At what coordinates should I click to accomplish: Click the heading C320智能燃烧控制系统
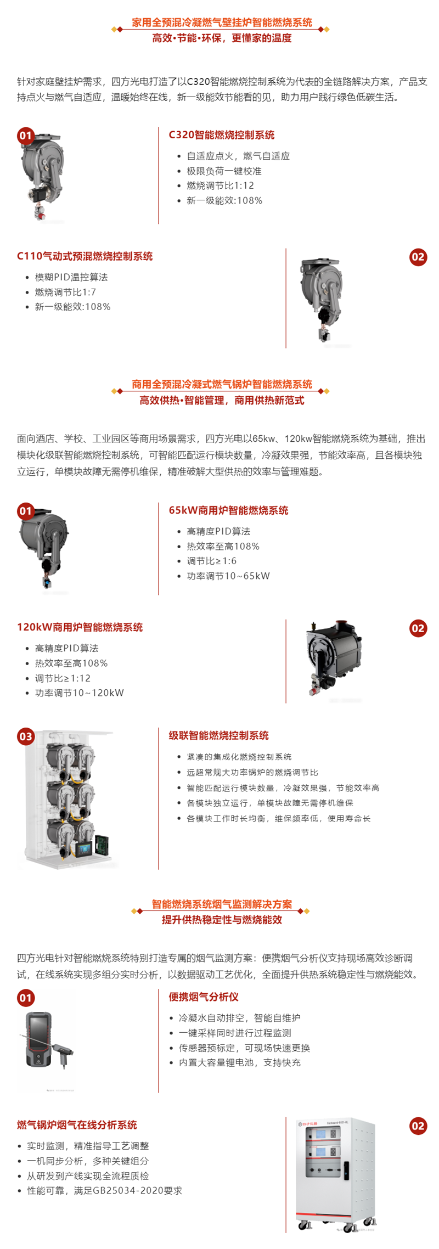click(x=221, y=135)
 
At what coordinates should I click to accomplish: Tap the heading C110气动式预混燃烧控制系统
click(x=85, y=256)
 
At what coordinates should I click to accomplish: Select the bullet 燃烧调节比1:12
click(x=220, y=185)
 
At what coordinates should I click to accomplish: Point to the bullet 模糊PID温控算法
click(x=71, y=277)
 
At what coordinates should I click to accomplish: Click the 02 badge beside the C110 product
click(x=418, y=257)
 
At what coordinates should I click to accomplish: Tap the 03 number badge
click(x=26, y=736)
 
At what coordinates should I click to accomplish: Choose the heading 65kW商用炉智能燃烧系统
click(x=228, y=510)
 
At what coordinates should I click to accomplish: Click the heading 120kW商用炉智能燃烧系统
click(x=80, y=627)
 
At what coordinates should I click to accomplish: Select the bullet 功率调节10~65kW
click(x=228, y=576)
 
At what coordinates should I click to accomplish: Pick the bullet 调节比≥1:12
click(x=63, y=678)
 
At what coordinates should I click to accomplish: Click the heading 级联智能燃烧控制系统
click(x=218, y=735)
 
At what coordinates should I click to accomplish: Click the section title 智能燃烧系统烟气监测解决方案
click(x=222, y=904)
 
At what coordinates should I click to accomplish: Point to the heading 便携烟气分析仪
click(x=204, y=997)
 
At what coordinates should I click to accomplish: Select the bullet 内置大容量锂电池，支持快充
click(x=239, y=1062)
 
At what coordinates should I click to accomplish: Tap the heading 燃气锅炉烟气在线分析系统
click(x=77, y=1125)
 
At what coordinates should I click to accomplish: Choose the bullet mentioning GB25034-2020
click(x=104, y=1190)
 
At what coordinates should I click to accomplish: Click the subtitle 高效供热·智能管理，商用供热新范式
click(x=222, y=400)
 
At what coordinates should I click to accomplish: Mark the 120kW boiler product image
click(x=334, y=659)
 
